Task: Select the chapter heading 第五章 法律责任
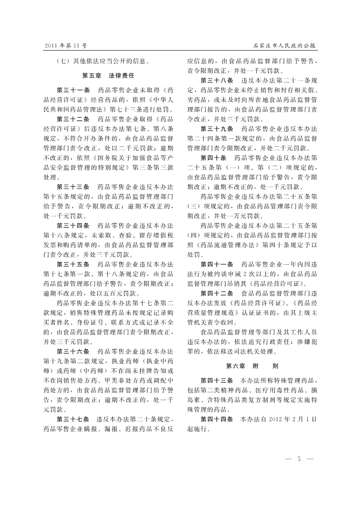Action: (109, 75)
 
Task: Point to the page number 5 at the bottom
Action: (299, 458)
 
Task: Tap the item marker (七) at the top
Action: (64, 61)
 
